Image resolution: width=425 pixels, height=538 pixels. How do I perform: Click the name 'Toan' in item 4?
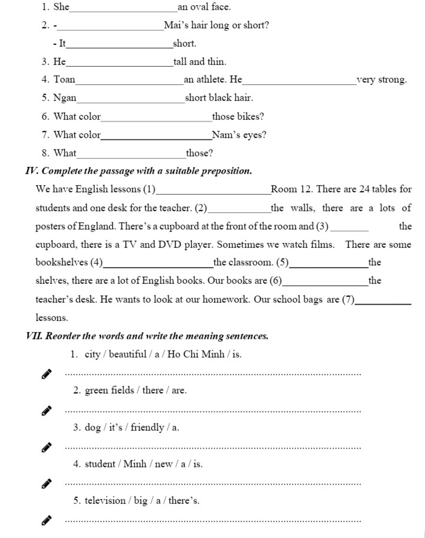[64, 80]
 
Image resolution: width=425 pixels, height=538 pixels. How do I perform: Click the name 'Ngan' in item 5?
[65, 98]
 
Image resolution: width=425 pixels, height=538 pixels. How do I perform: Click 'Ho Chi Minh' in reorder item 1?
[196, 354]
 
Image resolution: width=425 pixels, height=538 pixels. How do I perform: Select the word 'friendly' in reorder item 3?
[147, 427]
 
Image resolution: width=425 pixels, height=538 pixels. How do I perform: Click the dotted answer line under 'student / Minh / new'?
[213, 484]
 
